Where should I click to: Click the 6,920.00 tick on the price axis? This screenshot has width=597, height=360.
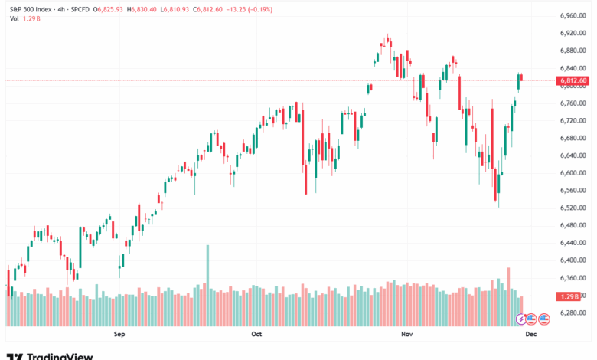pos(573,33)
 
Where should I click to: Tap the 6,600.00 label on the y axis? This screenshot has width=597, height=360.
pos(573,173)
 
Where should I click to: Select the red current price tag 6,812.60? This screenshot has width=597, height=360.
pos(573,80)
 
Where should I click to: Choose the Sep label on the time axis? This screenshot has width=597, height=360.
pos(119,334)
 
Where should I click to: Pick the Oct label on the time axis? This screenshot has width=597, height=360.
pos(256,334)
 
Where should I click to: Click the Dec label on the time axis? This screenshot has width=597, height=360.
pos(530,334)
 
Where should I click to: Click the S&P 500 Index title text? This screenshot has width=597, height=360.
pos(28,9)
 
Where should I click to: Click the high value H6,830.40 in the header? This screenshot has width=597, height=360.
pos(142,9)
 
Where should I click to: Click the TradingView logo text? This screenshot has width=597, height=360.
pos(60,355)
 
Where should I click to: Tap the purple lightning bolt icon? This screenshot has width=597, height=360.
pos(522,318)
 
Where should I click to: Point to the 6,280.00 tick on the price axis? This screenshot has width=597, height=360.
pos(573,313)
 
